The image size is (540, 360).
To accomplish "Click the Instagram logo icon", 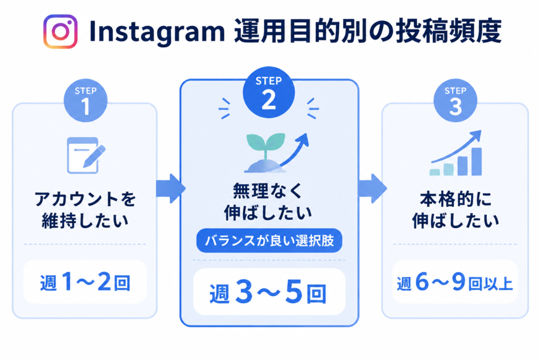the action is [x=60, y=31].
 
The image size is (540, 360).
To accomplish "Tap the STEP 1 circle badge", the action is [x=85, y=101].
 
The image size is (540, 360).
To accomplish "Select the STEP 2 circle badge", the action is [x=268, y=92].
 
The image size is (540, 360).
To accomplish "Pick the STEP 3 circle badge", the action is [x=455, y=101].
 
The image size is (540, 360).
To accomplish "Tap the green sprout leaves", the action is [x=266, y=142].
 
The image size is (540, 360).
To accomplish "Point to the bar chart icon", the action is [x=456, y=153].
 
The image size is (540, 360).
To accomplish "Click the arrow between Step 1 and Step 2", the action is [x=171, y=188].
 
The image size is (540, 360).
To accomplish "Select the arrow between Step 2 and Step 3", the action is [x=372, y=188].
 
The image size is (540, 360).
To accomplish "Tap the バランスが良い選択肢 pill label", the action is [x=269, y=240].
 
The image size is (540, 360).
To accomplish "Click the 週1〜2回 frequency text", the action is [x=85, y=283].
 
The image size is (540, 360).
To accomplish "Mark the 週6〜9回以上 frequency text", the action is [x=455, y=283].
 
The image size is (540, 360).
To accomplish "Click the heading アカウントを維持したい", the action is [x=85, y=210].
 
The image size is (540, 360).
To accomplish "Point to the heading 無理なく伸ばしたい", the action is [x=268, y=202].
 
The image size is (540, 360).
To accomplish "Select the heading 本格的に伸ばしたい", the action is [x=455, y=210].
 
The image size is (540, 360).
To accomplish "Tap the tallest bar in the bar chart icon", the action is [x=477, y=162].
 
